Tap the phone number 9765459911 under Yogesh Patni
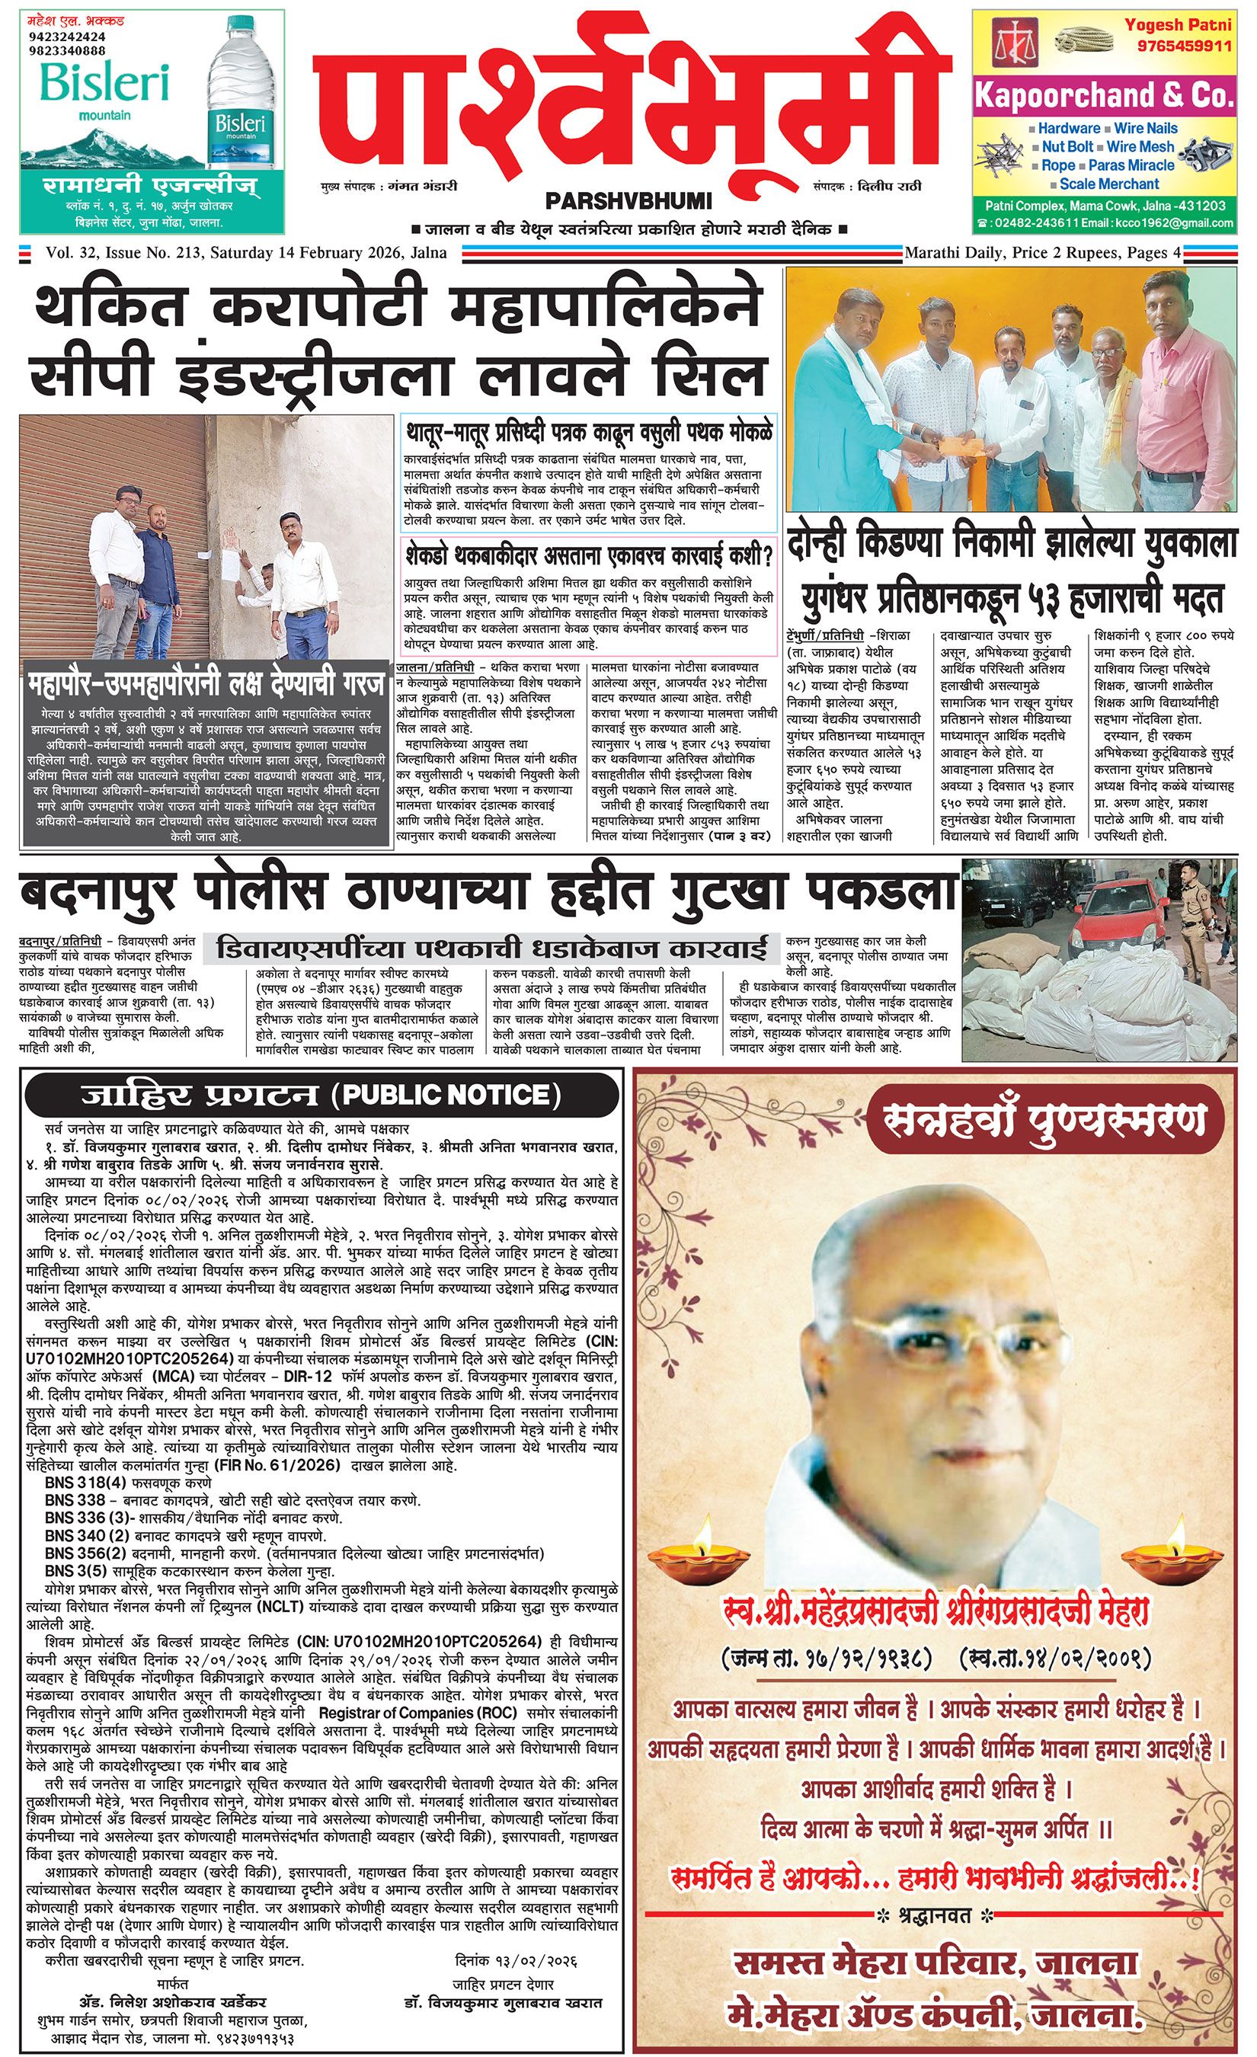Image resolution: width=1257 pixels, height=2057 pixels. tap(1178, 45)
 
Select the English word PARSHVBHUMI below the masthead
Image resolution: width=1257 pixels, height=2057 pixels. tap(628, 201)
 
